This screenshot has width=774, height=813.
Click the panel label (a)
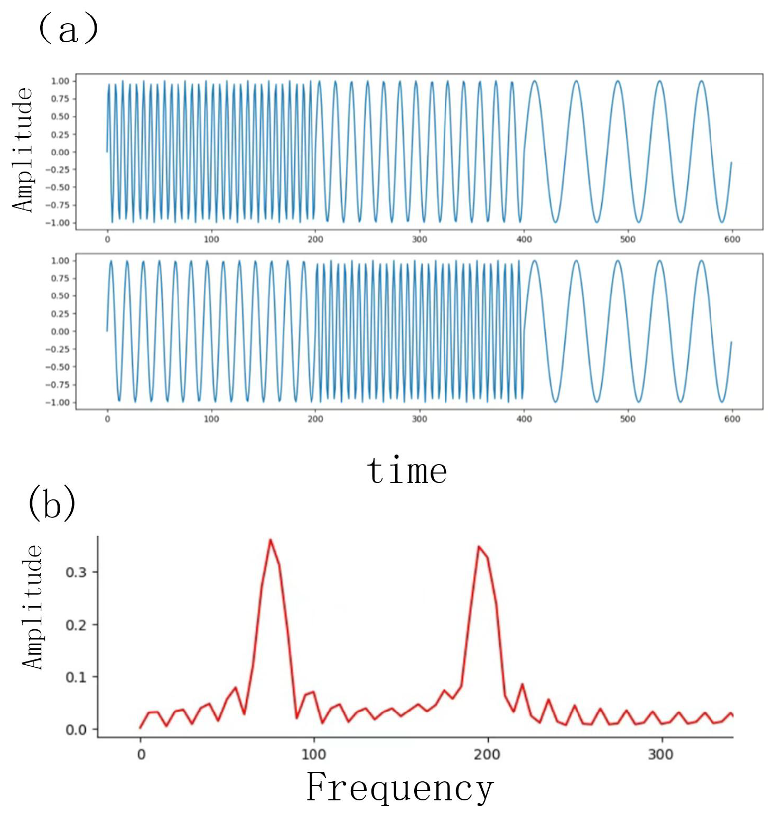(x=68, y=29)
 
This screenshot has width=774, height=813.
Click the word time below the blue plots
(x=407, y=470)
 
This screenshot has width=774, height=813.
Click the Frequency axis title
(x=400, y=788)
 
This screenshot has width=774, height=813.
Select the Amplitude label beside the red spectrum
(x=33, y=607)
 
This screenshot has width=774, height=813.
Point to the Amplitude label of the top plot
(x=23, y=150)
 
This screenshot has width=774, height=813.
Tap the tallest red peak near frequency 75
(x=271, y=540)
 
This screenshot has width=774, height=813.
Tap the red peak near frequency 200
(x=479, y=547)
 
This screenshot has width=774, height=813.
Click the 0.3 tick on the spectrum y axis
(x=76, y=572)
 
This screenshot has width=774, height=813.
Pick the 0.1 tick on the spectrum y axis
(x=76, y=677)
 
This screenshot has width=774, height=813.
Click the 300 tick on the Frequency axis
(x=660, y=754)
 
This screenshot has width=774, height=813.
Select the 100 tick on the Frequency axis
(x=314, y=754)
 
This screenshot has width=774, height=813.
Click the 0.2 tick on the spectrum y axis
(x=76, y=625)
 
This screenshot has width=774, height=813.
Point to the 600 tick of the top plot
(x=732, y=240)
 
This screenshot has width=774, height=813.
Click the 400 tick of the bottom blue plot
(x=524, y=419)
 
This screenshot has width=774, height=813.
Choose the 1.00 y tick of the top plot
(x=60, y=81)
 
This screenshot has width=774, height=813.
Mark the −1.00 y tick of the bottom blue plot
(x=57, y=403)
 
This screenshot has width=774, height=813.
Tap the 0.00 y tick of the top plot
(x=60, y=152)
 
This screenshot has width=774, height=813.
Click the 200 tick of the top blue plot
(x=315, y=240)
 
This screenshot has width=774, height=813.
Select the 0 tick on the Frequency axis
(x=141, y=754)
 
